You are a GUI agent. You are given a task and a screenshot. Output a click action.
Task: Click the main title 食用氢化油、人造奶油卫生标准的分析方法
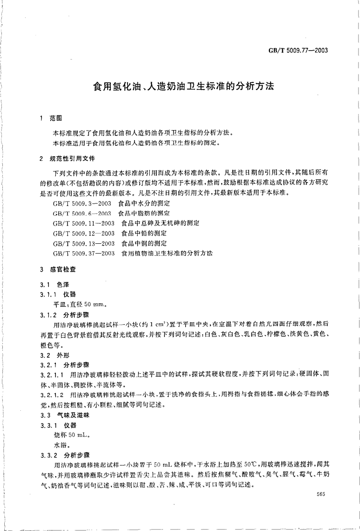[183, 87]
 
